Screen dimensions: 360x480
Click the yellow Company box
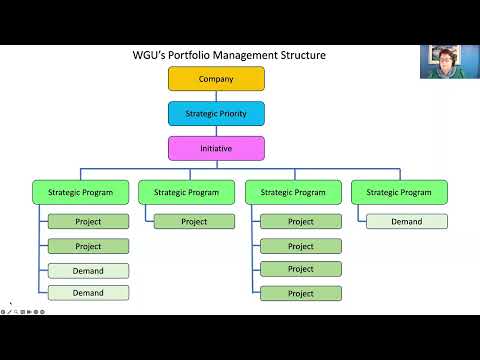pos(216,79)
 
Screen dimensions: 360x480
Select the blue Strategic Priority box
pos(216,114)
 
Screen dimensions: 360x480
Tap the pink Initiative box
pos(216,149)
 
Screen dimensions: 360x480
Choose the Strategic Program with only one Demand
pos(399,192)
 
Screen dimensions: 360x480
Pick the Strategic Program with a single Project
pos(186,192)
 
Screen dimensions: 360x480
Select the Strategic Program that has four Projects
pos(292,192)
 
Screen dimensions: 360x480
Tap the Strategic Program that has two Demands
pos(80,192)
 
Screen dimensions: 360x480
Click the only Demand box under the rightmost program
pos(406,222)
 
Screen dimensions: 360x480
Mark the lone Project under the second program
pos(194,222)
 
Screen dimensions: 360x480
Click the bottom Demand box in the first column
pos(88,293)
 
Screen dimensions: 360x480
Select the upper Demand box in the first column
pos(88,270)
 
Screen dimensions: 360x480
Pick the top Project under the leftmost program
pos(88,222)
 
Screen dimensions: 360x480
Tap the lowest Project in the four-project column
pos(301,293)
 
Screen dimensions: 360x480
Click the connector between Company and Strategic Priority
pos(216,96)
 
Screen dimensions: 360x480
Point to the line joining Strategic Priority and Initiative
pos(216,131)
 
